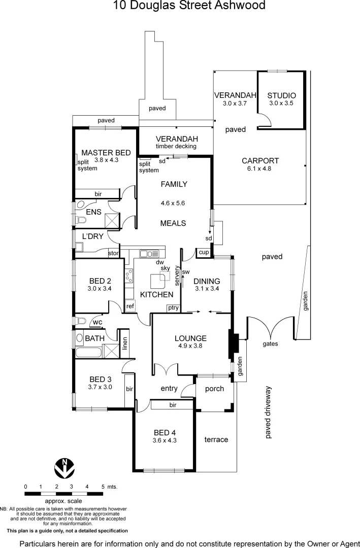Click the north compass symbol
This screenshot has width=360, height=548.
point(64,468)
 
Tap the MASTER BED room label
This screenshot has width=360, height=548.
point(106,152)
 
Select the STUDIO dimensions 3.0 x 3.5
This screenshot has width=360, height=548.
point(281,104)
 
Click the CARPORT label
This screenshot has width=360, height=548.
point(260,161)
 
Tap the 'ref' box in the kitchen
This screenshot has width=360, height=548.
point(130,306)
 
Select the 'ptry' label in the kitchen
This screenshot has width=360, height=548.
point(173,308)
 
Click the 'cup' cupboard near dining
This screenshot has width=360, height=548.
point(204,252)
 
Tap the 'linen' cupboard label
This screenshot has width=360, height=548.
point(124,344)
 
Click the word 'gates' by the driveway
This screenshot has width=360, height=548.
point(270,344)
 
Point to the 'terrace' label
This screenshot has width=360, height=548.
point(216,439)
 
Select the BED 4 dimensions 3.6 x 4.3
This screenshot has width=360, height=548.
point(165,440)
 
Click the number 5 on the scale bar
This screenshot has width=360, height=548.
point(103,486)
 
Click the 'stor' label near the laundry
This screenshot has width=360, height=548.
point(113,253)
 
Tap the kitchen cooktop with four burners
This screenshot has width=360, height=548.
point(129,276)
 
